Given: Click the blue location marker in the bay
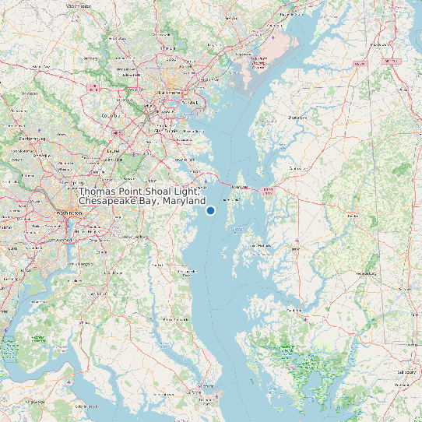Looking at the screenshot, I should point(210,210).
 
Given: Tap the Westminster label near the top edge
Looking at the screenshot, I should point(79,5).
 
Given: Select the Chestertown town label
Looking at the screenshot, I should point(298,118).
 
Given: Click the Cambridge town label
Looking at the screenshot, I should point(295,309).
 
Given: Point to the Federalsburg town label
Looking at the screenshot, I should point(364,274).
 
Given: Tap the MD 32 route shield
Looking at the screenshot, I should point(118,132).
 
